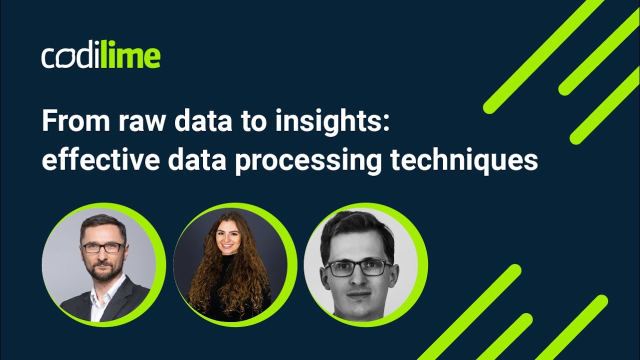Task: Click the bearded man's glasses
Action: coord(103,247)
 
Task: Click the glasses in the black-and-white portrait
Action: coord(358,268)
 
